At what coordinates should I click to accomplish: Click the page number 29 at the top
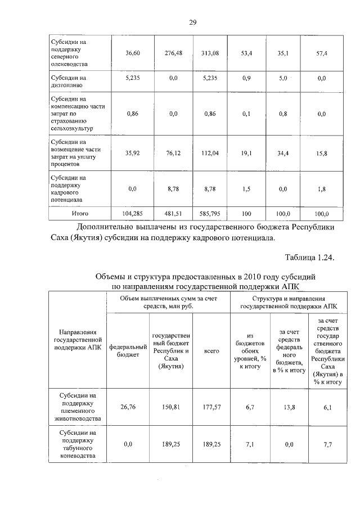pyautogui.click(x=192, y=22)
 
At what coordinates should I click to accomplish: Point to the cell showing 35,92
pyautogui.click(x=132, y=152)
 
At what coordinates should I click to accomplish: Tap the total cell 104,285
pyautogui.click(x=132, y=214)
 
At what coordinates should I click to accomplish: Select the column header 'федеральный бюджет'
pyautogui.click(x=127, y=350)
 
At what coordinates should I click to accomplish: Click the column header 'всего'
pyautogui.click(x=211, y=350)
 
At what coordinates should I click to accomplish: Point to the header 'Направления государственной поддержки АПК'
pyautogui.click(x=77, y=340)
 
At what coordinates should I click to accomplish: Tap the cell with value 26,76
pyautogui.click(x=127, y=407)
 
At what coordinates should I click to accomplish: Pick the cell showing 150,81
pyautogui.click(x=170, y=407)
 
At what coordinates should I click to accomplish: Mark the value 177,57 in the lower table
pyautogui.click(x=211, y=407)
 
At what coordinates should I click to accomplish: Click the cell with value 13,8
pyautogui.click(x=290, y=407)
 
